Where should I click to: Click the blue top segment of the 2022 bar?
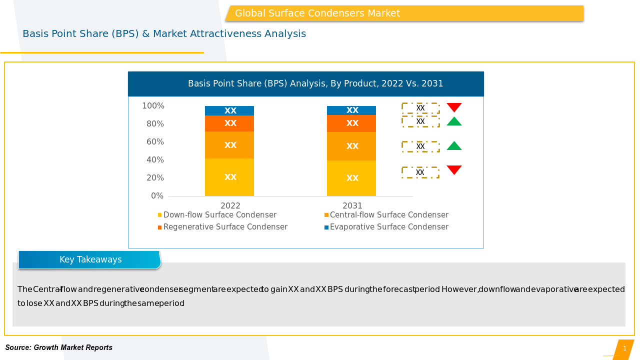(x=229, y=110)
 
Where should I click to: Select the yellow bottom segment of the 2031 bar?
(x=351, y=178)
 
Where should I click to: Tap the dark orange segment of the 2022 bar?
(x=229, y=123)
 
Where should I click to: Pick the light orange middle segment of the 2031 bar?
(x=351, y=146)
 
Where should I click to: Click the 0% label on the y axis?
(x=157, y=196)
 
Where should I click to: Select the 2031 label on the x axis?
(x=352, y=205)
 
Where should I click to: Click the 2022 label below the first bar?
(x=230, y=205)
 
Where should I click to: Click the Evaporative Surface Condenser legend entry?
(x=388, y=227)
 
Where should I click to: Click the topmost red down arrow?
(x=454, y=107)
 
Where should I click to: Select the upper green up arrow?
(x=454, y=121)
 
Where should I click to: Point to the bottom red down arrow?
(x=454, y=170)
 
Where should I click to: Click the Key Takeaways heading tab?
(x=90, y=259)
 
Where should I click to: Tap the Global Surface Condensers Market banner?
(x=404, y=13)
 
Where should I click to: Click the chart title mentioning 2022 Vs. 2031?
(x=315, y=83)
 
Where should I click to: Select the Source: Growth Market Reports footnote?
(x=59, y=347)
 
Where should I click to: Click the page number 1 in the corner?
(x=624, y=348)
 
